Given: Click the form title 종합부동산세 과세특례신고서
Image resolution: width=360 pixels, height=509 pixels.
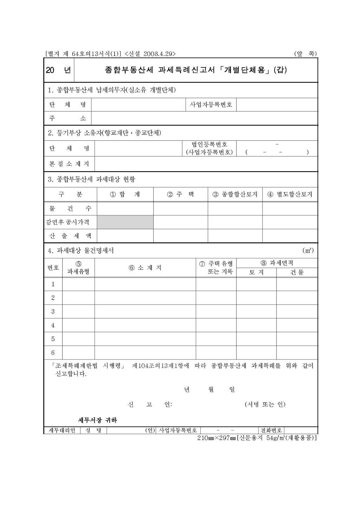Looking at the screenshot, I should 196,70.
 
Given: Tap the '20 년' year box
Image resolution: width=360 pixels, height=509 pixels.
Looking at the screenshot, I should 59,70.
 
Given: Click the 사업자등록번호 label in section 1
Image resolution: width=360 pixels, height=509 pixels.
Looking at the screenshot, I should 211,104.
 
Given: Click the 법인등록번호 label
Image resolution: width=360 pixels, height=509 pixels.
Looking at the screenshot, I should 210,144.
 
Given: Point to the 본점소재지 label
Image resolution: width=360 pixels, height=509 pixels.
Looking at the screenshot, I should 69,164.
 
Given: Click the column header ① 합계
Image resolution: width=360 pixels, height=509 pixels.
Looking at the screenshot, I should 125,194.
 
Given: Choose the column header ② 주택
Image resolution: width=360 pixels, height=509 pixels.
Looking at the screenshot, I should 180,194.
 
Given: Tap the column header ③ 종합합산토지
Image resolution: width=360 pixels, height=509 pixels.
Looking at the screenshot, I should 235,194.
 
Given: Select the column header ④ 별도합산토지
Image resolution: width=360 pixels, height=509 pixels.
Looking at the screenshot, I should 290,194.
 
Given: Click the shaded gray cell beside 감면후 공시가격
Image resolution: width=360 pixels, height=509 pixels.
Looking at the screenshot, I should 125,222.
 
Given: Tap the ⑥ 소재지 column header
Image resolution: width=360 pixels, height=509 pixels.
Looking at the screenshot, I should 145,268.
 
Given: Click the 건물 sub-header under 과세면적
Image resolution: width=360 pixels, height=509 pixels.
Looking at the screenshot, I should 297,272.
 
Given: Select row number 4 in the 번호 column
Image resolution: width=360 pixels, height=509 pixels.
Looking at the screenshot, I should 53,325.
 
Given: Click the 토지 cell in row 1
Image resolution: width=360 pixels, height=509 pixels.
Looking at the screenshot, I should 256,284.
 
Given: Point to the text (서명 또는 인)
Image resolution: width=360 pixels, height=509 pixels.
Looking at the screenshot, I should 265,405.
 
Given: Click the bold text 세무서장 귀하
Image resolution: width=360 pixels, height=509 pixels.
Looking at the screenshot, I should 97,420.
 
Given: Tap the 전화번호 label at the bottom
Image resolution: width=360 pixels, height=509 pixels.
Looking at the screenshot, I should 271,430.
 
